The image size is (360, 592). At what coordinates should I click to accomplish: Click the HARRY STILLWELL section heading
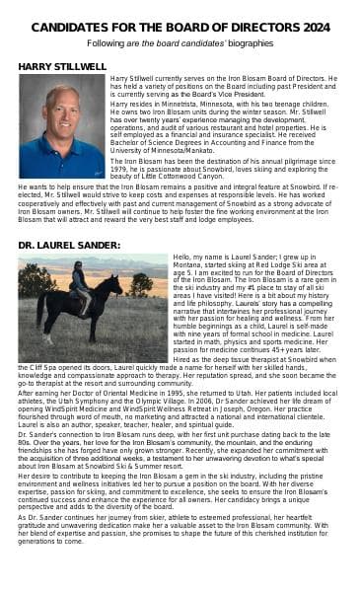click(62, 66)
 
